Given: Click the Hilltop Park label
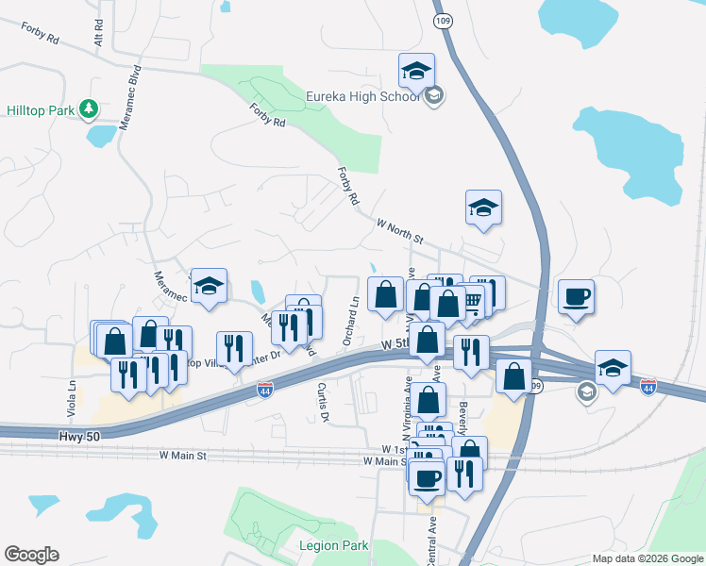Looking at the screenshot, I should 41,110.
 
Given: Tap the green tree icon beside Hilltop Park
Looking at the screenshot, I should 90,110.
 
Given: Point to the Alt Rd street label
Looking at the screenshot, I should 98,34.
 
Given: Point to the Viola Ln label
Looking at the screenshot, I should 72,393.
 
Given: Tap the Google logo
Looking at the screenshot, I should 31,555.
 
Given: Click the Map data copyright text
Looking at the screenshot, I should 647,558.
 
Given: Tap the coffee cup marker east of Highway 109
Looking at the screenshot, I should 576,296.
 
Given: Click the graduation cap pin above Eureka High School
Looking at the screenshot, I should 415,70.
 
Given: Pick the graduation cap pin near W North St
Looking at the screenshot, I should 483,208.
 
